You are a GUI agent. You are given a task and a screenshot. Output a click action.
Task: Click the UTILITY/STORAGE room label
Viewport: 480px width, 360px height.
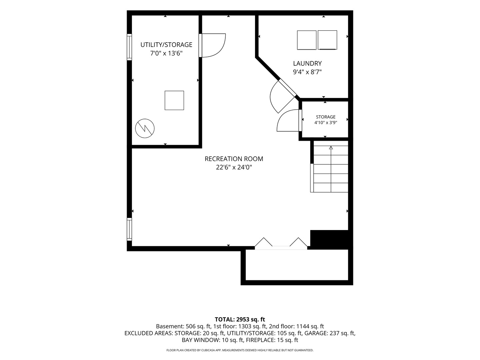[x=166, y=45]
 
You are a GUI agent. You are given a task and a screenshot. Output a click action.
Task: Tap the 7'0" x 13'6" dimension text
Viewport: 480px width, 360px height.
[x=166, y=53]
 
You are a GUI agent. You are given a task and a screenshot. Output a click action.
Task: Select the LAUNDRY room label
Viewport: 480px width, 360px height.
[x=307, y=63]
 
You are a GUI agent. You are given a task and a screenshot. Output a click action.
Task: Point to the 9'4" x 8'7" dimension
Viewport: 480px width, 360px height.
[x=307, y=72]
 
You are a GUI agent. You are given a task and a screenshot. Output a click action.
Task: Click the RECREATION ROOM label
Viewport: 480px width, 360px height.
[x=234, y=159]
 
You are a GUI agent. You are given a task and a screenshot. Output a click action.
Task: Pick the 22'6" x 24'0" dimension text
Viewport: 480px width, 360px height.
[x=234, y=167]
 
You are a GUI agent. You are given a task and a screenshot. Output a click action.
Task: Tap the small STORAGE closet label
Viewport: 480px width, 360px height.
[x=326, y=117]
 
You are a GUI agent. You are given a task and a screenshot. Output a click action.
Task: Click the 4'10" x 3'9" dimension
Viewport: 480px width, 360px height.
[x=326, y=123]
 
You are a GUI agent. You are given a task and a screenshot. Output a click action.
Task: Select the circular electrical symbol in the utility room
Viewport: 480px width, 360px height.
[x=145, y=128]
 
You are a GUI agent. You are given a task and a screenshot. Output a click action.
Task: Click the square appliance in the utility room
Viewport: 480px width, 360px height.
[x=174, y=100]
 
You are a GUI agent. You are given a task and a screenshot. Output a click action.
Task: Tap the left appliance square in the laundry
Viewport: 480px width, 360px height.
[x=307, y=40]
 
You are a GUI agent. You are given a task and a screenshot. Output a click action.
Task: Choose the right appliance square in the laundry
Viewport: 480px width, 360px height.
[x=327, y=40]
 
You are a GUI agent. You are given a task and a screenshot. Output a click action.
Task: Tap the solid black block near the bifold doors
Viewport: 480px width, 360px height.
[x=329, y=239]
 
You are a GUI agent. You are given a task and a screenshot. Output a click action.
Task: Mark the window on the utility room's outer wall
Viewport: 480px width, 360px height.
[x=129, y=47]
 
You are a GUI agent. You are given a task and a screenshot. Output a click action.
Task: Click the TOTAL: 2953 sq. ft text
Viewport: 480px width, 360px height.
[x=240, y=319]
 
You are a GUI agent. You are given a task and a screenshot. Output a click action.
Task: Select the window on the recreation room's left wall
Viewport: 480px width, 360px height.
[x=129, y=229]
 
